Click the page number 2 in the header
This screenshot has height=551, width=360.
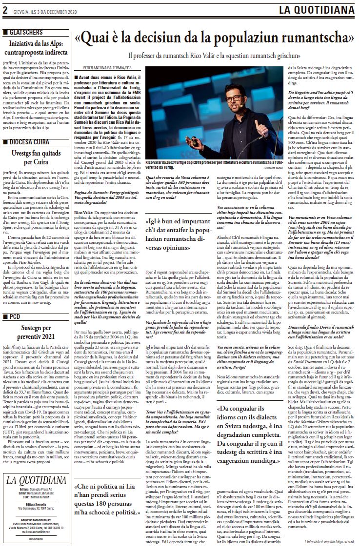point(6,9)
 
